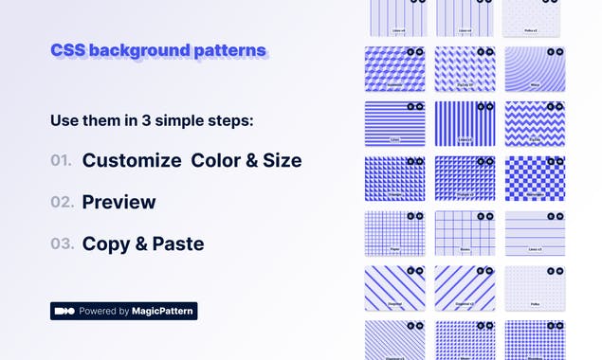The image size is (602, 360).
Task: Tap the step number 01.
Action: click(x=62, y=161)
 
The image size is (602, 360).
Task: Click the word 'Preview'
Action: click(x=119, y=202)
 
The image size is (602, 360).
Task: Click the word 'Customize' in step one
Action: click(x=132, y=161)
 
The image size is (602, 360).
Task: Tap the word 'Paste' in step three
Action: click(x=178, y=243)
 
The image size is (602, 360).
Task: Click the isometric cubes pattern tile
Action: click(x=394, y=69)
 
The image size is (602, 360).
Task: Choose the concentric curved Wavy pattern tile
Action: click(x=535, y=69)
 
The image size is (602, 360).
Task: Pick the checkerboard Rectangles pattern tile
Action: click(x=535, y=178)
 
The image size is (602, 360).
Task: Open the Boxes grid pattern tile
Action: click(x=465, y=233)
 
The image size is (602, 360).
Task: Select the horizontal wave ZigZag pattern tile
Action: click(x=535, y=123)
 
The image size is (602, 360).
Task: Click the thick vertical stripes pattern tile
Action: click(x=465, y=123)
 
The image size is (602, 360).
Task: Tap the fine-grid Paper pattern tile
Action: click(x=394, y=233)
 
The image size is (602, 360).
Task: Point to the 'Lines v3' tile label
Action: click(x=535, y=250)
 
